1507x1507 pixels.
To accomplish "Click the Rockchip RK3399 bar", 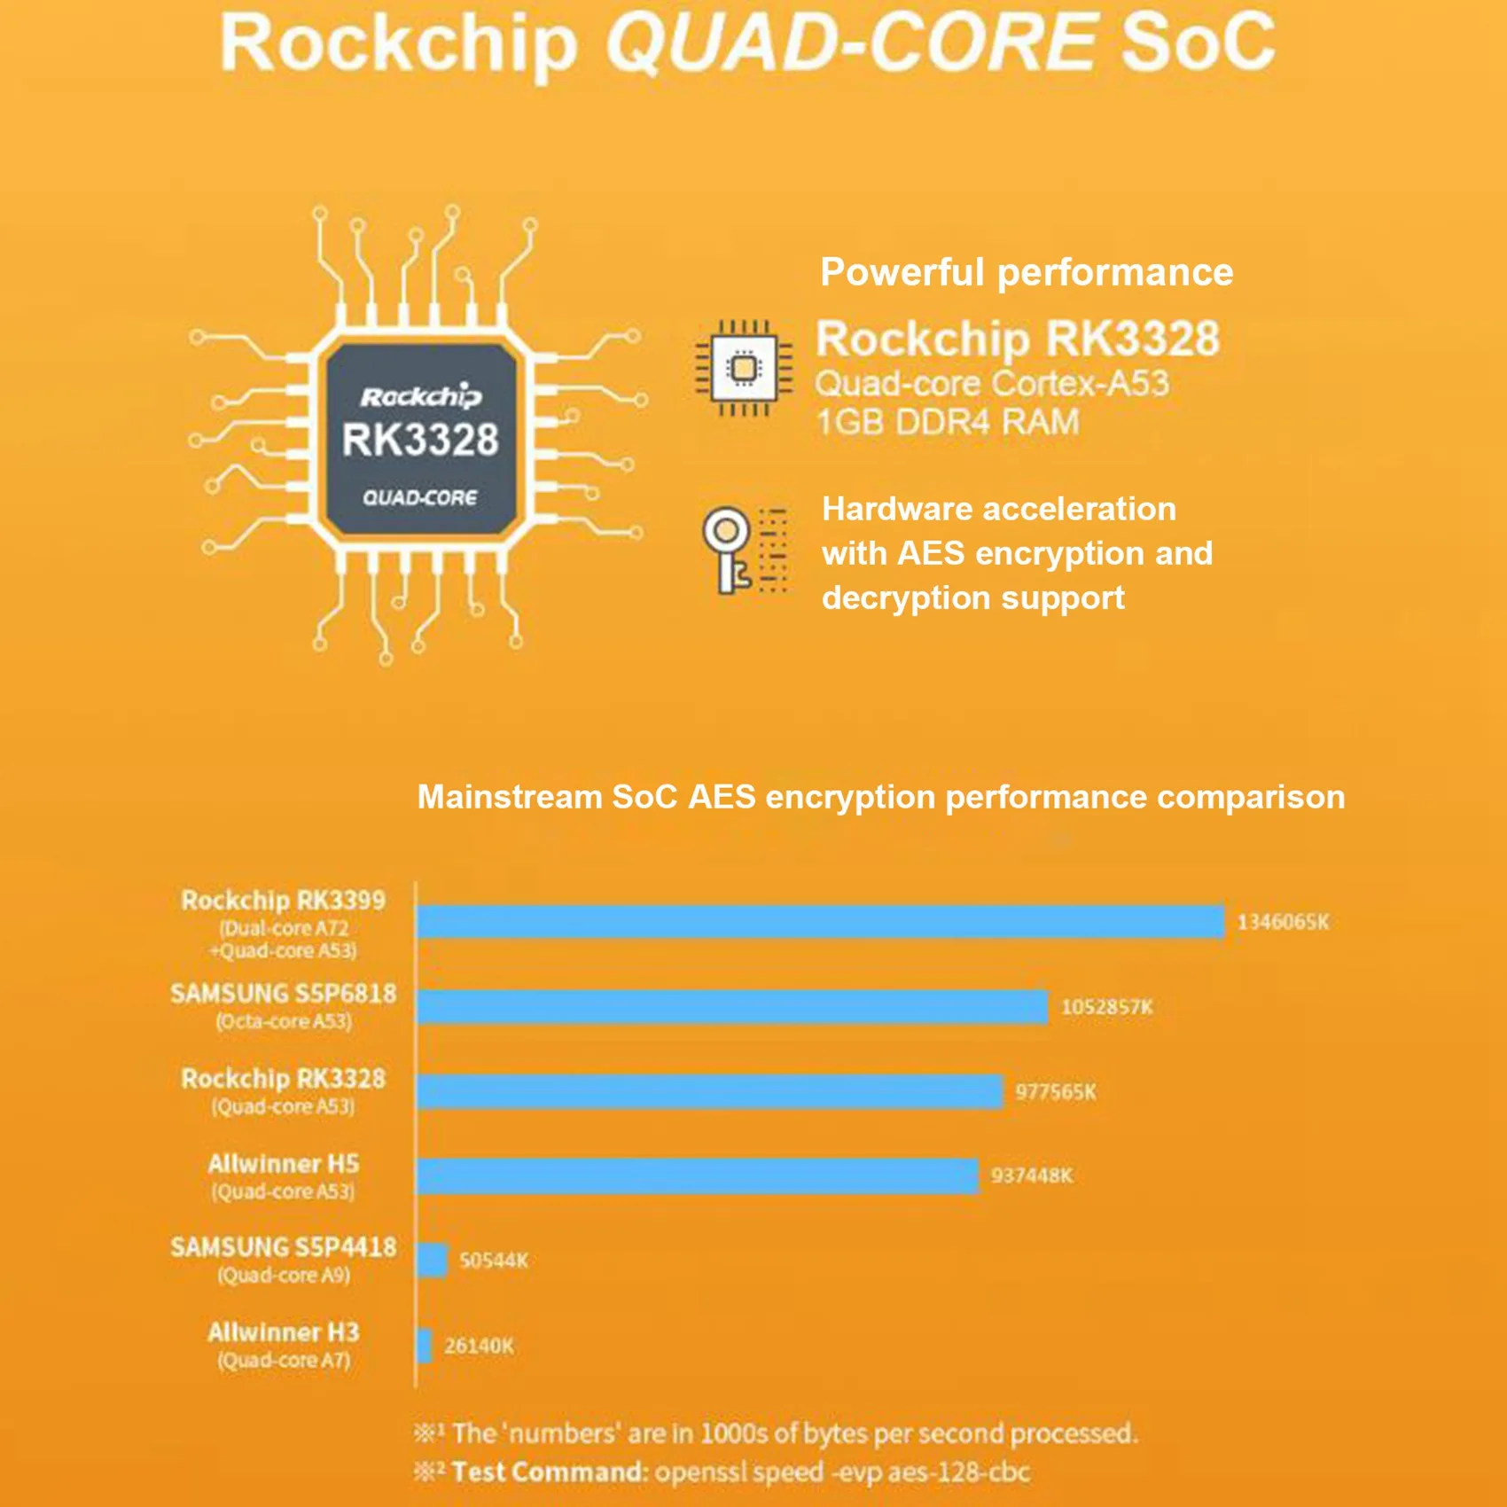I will (x=820, y=922).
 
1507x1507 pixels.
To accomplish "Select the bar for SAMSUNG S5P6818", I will (x=731, y=1007).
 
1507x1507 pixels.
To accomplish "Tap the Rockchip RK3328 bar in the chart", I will (x=709, y=1091).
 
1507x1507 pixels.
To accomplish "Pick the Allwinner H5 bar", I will (x=697, y=1175).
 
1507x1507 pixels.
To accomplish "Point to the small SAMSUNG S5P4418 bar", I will (x=432, y=1260).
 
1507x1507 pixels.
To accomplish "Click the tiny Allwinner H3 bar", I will (x=424, y=1346).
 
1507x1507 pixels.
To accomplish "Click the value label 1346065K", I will (x=1283, y=922).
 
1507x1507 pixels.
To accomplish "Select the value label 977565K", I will (x=1055, y=1091).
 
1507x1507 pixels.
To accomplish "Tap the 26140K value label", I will (x=479, y=1346).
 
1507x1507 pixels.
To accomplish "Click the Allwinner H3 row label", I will (x=284, y=1344).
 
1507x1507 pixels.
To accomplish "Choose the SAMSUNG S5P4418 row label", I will (x=284, y=1259).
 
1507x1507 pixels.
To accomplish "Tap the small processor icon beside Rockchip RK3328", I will (x=744, y=368).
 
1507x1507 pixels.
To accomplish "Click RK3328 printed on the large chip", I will (x=420, y=440).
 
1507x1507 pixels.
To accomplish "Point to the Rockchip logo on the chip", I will (x=420, y=396).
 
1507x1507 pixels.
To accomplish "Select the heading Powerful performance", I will (x=1027, y=272).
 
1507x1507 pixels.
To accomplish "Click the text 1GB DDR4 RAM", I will (x=948, y=422).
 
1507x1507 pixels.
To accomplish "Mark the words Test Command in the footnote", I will (x=549, y=1472).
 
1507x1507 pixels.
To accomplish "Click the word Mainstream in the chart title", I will (x=509, y=797).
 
